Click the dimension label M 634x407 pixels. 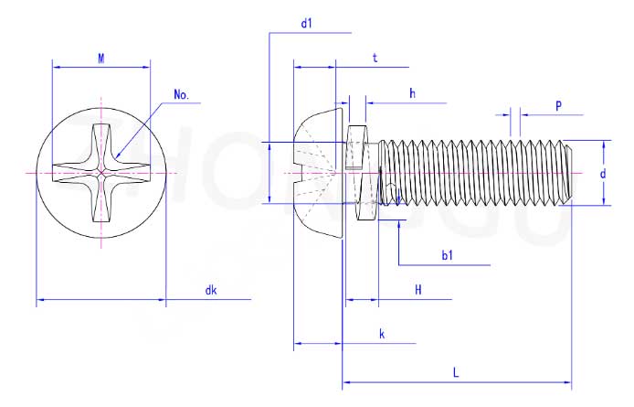click(101, 58)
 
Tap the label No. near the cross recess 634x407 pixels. click(181, 95)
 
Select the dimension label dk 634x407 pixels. click(211, 291)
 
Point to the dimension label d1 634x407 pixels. click(307, 24)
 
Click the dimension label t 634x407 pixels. click(375, 58)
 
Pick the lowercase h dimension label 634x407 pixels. click(412, 93)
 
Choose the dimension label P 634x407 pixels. click(558, 106)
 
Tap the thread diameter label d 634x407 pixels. click(603, 174)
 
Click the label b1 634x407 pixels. click(448, 256)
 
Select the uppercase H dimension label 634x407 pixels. click(417, 290)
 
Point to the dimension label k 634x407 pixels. click(382, 335)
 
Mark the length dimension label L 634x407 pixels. click(456, 372)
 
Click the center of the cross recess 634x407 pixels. click(101, 173)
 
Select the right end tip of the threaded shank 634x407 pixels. click(574, 172)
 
